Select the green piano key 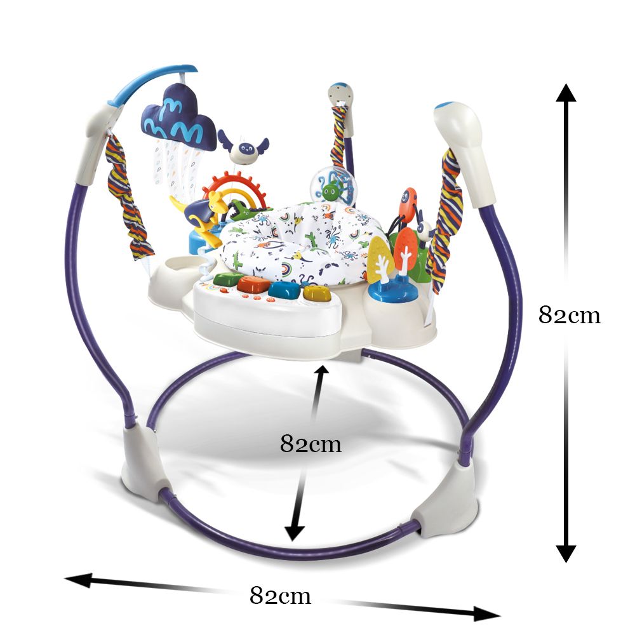228,279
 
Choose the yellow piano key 317,293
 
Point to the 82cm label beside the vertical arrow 570,315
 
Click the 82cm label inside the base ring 311,444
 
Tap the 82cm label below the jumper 280,596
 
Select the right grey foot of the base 446,497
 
